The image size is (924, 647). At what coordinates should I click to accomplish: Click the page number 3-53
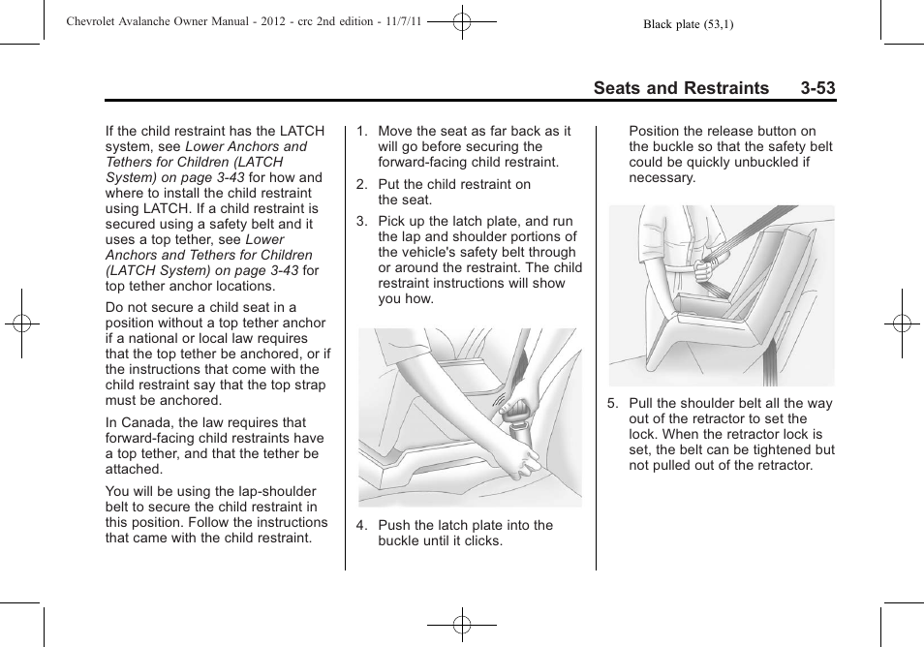[817, 88]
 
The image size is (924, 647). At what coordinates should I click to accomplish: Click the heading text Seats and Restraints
[681, 88]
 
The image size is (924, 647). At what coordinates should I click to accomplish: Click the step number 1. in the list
[361, 131]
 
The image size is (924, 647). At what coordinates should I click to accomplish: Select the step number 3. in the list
[361, 221]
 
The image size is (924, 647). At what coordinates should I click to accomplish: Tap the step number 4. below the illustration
[361, 525]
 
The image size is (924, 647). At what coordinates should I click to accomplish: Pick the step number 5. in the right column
[612, 403]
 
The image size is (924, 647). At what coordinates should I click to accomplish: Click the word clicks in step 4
[483, 540]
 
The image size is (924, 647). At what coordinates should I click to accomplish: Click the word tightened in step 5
[778, 449]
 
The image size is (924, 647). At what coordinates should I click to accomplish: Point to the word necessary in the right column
[662, 177]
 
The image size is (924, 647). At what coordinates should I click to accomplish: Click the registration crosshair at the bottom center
[462, 626]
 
